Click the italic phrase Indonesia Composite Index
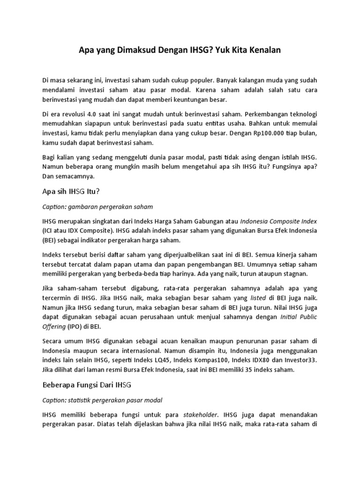click(x=279, y=221)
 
